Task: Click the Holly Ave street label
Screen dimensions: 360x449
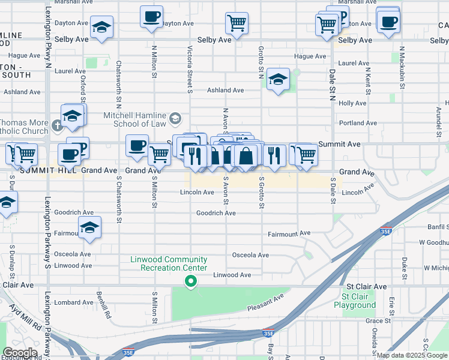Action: coord(352,103)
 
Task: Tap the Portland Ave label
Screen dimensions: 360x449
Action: coord(357,123)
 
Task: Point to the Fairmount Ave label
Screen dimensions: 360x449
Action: coord(289,233)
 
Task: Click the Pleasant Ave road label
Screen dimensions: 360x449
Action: coord(265,302)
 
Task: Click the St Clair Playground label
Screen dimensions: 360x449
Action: coord(359,301)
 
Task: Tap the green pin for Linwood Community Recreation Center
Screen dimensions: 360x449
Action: coord(191,281)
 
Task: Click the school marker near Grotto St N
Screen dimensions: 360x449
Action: coord(279,79)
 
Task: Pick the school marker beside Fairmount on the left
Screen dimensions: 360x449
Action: coord(89,227)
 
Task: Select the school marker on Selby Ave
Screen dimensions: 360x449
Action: coord(102,28)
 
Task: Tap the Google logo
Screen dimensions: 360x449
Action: coord(20,353)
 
